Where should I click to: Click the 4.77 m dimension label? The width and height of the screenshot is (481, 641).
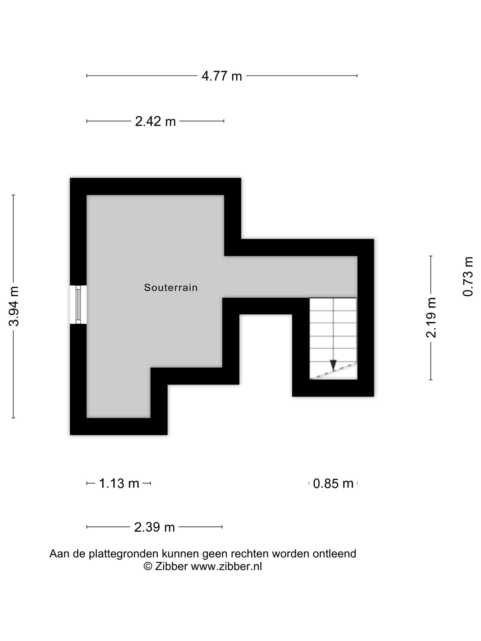click(221, 76)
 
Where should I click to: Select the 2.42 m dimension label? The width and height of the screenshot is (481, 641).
click(155, 121)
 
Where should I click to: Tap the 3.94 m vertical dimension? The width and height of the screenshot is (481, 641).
click(14, 306)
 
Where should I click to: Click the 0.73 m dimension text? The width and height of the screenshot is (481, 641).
click(468, 277)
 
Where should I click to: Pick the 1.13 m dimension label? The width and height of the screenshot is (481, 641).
click(119, 483)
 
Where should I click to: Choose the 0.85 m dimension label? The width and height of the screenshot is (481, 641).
click(333, 483)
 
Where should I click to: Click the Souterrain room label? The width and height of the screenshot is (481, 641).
click(171, 288)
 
